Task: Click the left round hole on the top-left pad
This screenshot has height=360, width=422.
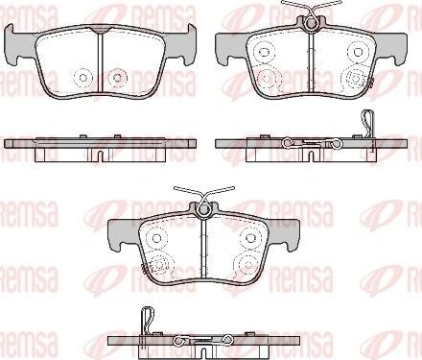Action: pos(82,76)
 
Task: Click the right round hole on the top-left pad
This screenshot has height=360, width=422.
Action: pos(118,76)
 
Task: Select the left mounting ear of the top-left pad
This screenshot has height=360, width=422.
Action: pos(17,42)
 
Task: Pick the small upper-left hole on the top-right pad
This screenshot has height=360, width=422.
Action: pos(263,51)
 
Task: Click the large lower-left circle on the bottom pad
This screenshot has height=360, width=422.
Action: pos(159,262)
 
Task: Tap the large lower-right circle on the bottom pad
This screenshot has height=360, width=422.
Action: pos(247,262)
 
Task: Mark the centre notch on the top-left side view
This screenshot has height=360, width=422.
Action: pos(101,152)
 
